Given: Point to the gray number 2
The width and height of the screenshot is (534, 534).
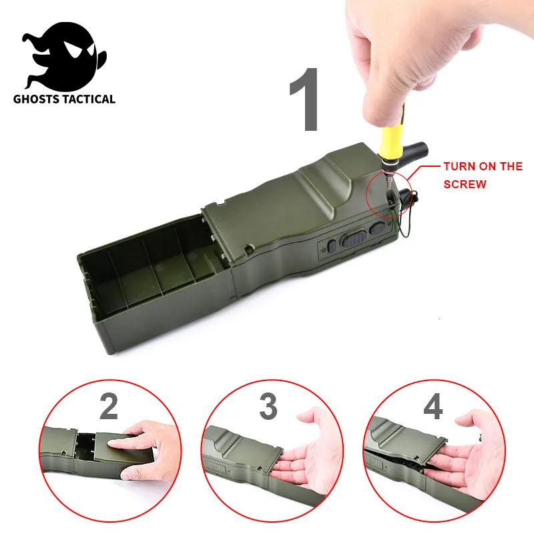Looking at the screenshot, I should pos(109,407).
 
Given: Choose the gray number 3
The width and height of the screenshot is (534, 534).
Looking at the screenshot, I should pos(268,407).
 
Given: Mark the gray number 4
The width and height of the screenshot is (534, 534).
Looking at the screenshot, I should pos(433,407).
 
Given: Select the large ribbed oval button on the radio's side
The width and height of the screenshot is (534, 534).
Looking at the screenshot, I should pos(353,239).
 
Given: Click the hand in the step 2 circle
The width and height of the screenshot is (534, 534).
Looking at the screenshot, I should pos(140,444).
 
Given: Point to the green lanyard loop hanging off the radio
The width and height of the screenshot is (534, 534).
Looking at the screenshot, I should pos(404,220).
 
